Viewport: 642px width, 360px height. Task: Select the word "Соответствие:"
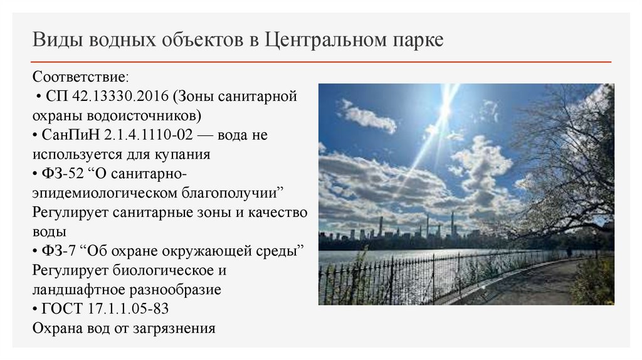[x=81, y=77]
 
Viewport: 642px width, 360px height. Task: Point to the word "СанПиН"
[x=68, y=135]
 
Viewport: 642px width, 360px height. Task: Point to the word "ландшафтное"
[x=75, y=290]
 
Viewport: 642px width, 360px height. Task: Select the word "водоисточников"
[x=139, y=116]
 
